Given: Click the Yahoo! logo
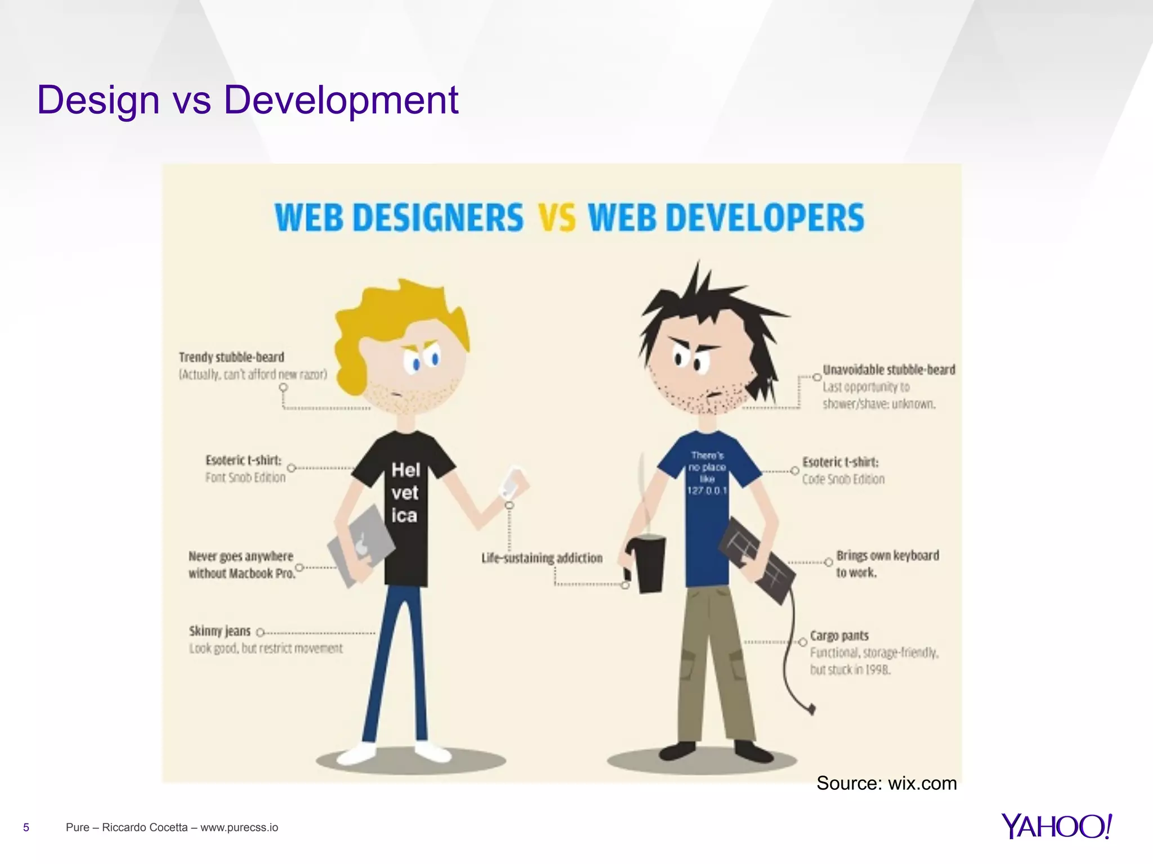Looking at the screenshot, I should pyautogui.click(x=1056, y=826).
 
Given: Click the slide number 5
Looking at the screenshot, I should pyautogui.click(x=26, y=827).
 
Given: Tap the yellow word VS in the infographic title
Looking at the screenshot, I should pyautogui.click(x=557, y=218).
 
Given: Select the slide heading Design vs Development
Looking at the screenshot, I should pyautogui.click(x=248, y=100).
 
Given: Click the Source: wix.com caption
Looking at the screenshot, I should pyautogui.click(x=886, y=783).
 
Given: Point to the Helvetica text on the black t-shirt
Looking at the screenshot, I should pyautogui.click(x=405, y=493).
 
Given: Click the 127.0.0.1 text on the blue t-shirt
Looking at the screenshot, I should pyautogui.click(x=707, y=490).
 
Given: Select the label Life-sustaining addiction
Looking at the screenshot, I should pyautogui.click(x=542, y=558).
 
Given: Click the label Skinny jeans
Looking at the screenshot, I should pyautogui.click(x=220, y=631).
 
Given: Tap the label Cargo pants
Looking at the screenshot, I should pyautogui.click(x=839, y=636).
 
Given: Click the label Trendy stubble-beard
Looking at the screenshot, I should pyautogui.click(x=231, y=357).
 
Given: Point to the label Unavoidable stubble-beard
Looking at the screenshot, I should pyautogui.click(x=889, y=370).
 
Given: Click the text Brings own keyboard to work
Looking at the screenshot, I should pyautogui.click(x=887, y=564).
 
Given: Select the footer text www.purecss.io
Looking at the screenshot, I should pyautogui.click(x=239, y=827).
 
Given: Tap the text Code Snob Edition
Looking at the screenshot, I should pyautogui.click(x=843, y=479).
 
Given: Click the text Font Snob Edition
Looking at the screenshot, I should pyautogui.click(x=245, y=478).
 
